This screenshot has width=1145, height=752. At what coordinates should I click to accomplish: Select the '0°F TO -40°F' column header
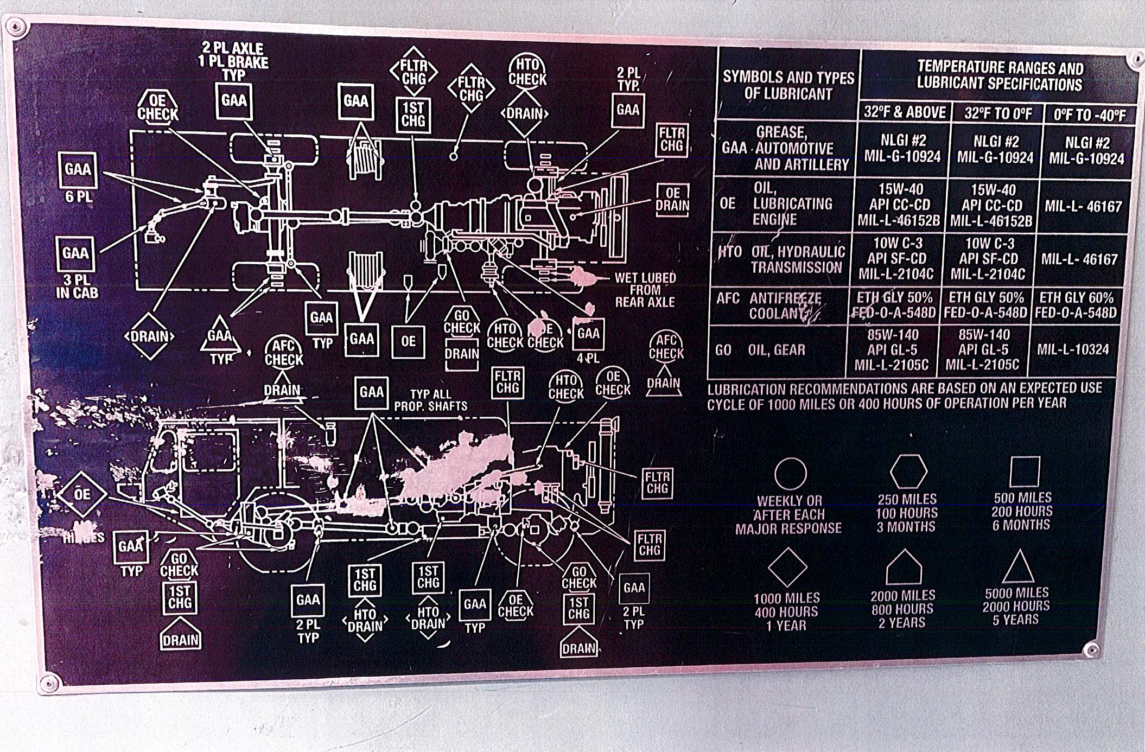[1089, 114]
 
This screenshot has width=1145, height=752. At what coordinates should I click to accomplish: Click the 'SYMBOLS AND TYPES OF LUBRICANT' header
[788, 85]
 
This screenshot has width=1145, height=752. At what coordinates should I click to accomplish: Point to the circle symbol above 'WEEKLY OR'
[790, 474]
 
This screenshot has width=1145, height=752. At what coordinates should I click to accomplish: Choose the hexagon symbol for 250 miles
[908, 471]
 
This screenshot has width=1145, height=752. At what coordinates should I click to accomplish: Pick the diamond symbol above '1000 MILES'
[787, 567]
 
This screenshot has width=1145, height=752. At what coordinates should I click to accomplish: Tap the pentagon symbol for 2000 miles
[904, 568]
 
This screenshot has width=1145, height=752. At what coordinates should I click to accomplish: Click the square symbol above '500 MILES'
[1025, 471]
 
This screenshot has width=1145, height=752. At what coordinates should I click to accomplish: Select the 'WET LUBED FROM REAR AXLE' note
[645, 290]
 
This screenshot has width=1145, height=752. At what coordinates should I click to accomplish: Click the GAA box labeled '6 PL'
[78, 170]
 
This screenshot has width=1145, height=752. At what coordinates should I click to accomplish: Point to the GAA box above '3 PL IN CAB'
[75, 253]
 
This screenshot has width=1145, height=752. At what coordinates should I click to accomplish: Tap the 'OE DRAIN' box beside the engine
[672, 200]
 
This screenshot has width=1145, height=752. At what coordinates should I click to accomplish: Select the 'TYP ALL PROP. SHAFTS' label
[430, 400]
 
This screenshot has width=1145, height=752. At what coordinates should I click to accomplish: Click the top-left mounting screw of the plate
[16, 27]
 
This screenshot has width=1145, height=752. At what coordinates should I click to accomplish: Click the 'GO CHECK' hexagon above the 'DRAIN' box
[462, 322]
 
